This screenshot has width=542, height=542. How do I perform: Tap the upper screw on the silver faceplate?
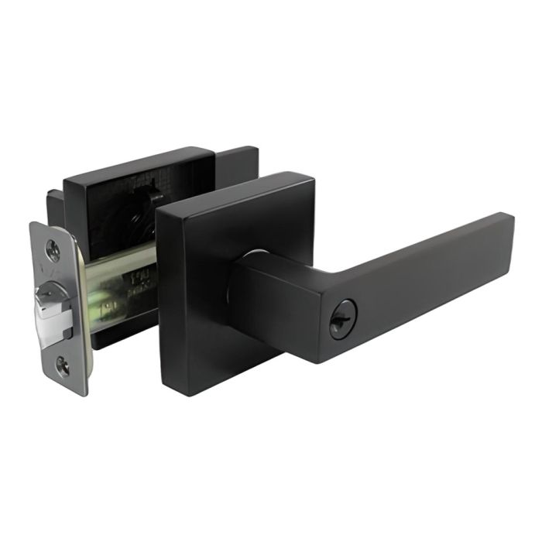(53, 249)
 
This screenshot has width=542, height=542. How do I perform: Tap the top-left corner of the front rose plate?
(160, 211)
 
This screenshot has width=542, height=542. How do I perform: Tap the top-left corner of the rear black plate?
(67, 177)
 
